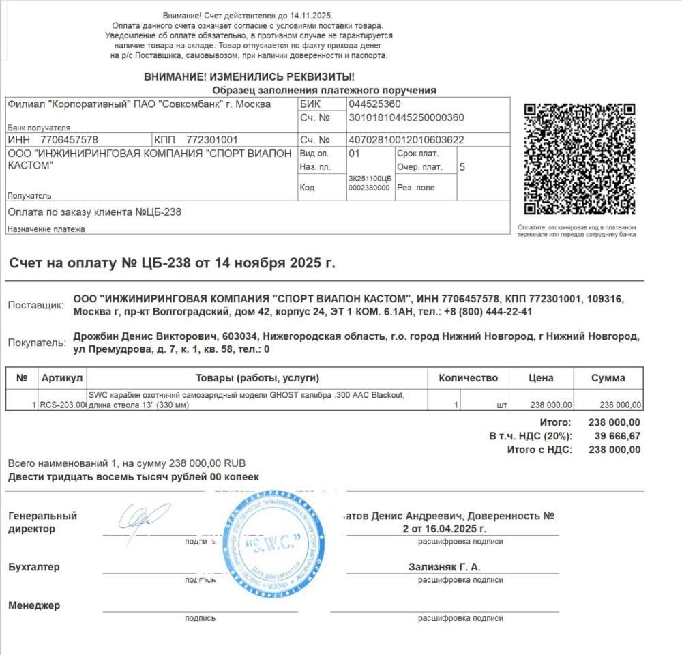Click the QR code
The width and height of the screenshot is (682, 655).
tap(579, 158)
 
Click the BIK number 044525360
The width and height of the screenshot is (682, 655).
tap(374, 104)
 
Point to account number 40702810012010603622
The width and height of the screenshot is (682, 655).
tap(406, 140)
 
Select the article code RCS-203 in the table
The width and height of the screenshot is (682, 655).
tap(63, 405)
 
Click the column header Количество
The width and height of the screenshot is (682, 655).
tap(468, 378)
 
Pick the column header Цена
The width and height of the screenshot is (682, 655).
tap(541, 378)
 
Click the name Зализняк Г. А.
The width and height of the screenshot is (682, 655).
tap(444, 567)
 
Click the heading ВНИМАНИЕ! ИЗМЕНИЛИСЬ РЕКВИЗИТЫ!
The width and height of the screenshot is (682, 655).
tap(249, 77)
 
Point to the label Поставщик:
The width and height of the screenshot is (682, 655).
tap(35, 305)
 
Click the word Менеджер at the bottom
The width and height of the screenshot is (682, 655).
tap(34, 605)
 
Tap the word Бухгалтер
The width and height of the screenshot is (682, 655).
tap(34, 567)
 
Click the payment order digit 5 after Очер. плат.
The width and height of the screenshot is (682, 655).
tap(462, 166)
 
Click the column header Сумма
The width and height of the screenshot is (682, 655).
tap(608, 378)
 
